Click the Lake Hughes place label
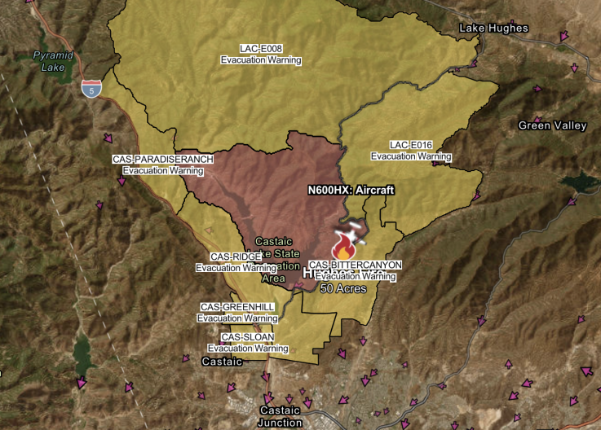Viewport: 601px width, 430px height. pyautogui.click(x=493, y=29)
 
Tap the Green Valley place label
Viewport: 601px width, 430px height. pyautogui.click(x=552, y=125)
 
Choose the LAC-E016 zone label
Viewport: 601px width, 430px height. pyautogui.click(x=411, y=145)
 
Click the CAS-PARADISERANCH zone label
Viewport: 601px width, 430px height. pyautogui.click(x=162, y=160)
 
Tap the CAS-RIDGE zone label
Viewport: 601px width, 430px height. pyautogui.click(x=236, y=257)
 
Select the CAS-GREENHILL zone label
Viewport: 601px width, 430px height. pyautogui.click(x=237, y=307)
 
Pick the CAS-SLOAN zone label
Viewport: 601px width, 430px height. pyautogui.click(x=248, y=337)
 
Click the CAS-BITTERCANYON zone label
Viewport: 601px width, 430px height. pyautogui.click(x=356, y=265)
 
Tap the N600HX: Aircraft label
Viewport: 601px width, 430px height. pyautogui.click(x=351, y=190)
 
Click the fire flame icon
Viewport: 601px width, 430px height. pyautogui.click(x=342, y=245)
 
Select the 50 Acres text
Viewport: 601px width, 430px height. pyautogui.click(x=342, y=288)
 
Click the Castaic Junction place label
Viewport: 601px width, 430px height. pyautogui.click(x=281, y=415)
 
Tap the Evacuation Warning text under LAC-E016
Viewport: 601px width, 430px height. pyautogui.click(x=411, y=156)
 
